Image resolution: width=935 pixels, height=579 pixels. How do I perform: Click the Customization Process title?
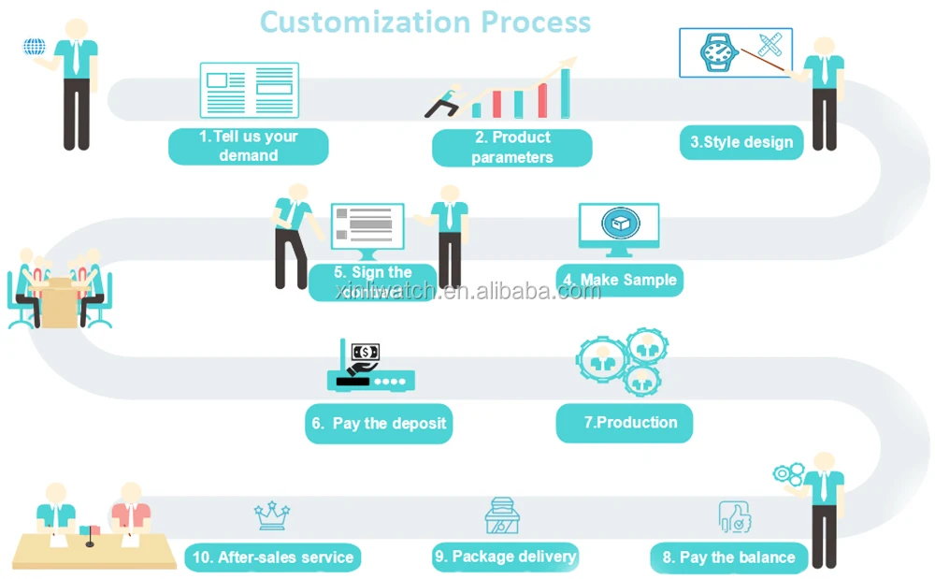(425, 21)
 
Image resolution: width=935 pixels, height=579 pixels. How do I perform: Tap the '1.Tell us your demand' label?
(248, 146)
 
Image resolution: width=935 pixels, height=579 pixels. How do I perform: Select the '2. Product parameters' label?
(511, 148)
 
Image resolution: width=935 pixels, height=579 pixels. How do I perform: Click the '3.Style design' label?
(741, 142)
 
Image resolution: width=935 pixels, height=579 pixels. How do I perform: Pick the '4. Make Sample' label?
(619, 280)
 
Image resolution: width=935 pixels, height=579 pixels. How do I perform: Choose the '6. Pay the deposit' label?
(379, 424)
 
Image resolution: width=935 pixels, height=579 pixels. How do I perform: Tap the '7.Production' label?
(625, 423)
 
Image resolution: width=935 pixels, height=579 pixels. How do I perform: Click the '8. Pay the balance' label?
(728, 557)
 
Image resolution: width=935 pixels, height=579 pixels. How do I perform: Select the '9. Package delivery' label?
(505, 557)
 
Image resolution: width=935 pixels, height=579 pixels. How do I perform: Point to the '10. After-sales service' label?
(273, 558)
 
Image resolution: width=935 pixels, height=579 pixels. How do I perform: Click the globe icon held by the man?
(35, 46)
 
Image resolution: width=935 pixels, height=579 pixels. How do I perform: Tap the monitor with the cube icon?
(618, 227)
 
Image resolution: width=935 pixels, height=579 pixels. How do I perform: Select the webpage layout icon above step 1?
(249, 89)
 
